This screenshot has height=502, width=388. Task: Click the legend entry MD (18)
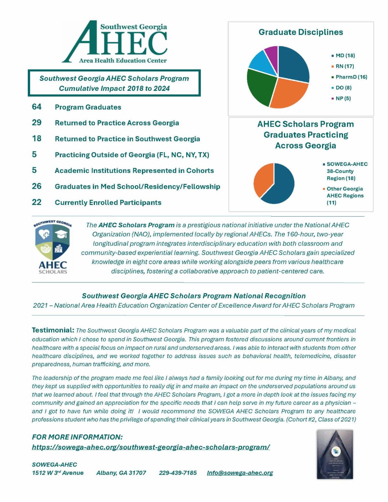tap(345, 56)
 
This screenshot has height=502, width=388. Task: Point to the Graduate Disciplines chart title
tap(301, 32)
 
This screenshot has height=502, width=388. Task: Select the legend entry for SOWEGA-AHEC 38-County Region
tap(347, 171)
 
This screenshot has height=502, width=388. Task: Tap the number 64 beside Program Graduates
tap(37, 107)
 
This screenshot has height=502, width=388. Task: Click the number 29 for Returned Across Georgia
tap(37, 123)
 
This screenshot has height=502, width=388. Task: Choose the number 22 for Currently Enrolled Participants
tap(37, 202)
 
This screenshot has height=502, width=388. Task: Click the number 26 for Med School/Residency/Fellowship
tap(37, 186)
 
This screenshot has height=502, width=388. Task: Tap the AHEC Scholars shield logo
tap(53, 247)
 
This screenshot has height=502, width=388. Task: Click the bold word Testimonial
tap(53, 330)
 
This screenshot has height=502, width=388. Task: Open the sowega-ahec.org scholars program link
tap(151, 447)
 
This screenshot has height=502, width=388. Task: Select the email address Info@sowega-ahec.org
tap(240, 473)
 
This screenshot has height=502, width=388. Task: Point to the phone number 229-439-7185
tap(178, 473)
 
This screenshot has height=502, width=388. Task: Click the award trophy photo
tap(335, 454)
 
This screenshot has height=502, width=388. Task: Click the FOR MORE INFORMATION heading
tap(77, 437)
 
